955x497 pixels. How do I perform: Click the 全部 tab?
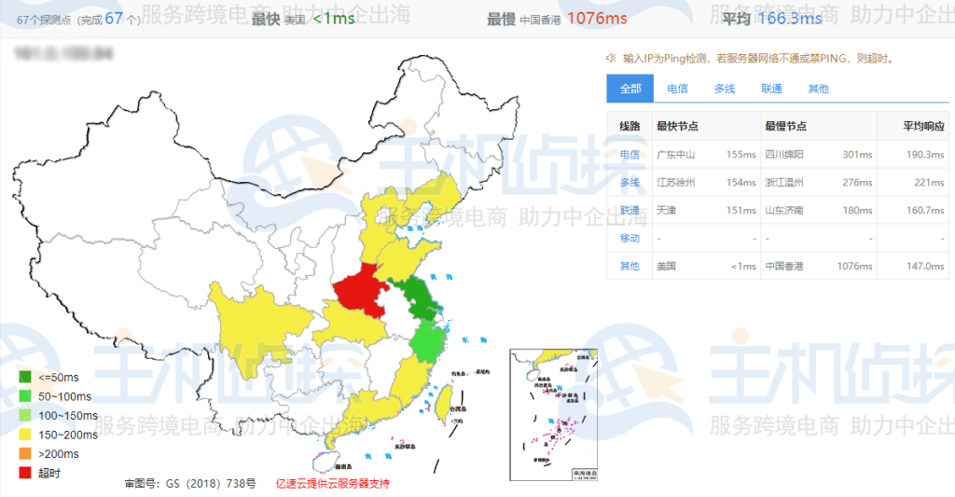pyautogui.click(x=630, y=89)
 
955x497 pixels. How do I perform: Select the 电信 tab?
pyautogui.click(x=678, y=89)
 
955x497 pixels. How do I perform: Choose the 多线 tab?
pyautogui.click(x=725, y=89)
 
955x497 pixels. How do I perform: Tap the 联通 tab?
pyautogui.click(x=771, y=89)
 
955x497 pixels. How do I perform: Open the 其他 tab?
pyautogui.click(x=818, y=89)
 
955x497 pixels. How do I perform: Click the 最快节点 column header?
pyautogui.click(x=678, y=126)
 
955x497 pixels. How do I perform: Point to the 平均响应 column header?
pyautogui.click(x=923, y=126)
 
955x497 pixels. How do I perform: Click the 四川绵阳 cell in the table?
pyautogui.click(x=784, y=154)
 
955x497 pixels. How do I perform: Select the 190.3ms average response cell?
pyautogui.click(x=925, y=154)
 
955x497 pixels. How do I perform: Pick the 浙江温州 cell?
pyautogui.click(x=784, y=182)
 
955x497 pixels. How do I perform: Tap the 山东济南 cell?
pyautogui.click(x=784, y=210)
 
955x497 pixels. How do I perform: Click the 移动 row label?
pyautogui.click(x=630, y=238)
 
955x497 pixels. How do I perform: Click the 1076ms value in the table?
pyautogui.click(x=854, y=266)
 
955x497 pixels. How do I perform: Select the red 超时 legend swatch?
pyautogui.click(x=26, y=472)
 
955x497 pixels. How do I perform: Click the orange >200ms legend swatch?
pyautogui.click(x=26, y=453)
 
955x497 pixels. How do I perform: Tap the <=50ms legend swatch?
pyautogui.click(x=26, y=377)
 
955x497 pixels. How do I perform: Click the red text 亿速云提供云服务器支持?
pyautogui.click(x=332, y=484)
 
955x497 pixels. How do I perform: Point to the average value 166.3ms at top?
pyautogui.click(x=791, y=18)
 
